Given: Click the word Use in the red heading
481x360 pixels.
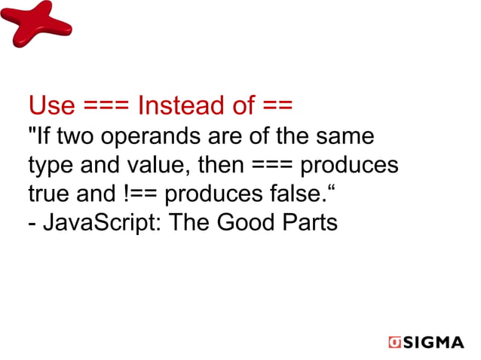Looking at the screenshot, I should point(51,106).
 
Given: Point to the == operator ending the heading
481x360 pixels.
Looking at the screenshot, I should point(277,106).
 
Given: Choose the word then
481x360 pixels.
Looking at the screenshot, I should point(219,166).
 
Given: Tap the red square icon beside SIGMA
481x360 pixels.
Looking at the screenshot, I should point(394,343).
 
